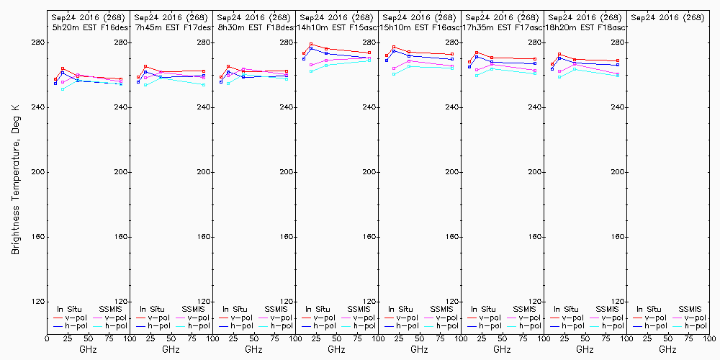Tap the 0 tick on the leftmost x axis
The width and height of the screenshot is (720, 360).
pyautogui.click(x=47, y=338)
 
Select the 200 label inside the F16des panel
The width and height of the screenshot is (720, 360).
pyautogui.click(x=121, y=173)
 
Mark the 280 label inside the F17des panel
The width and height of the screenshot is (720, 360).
pyautogui.click(x=204, y=43)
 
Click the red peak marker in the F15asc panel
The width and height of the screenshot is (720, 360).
pyautogui.click(x=311, y=45)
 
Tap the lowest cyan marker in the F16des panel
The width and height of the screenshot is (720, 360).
pyautogui.click(x=63, y=89)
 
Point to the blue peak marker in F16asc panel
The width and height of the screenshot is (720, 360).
pyautogui.click(x=394, y=50)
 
